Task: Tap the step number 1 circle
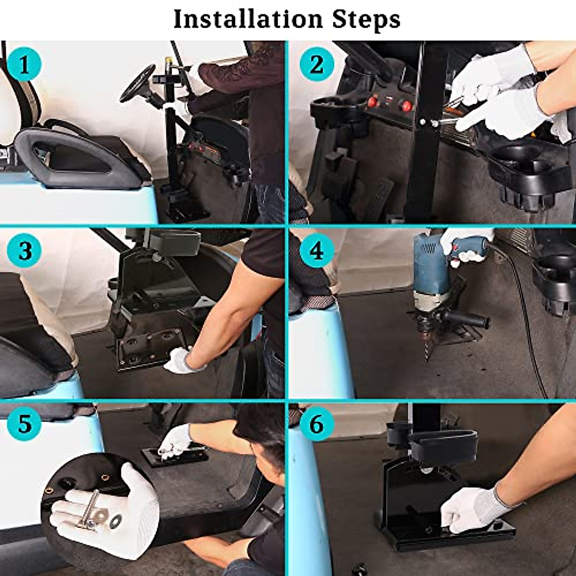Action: point(24,65)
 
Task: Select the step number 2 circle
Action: point(317,64)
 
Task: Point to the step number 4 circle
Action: point(317,251)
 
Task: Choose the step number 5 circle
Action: point(24,423)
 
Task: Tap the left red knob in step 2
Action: point(372,103)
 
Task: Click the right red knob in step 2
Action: point(406,106)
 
